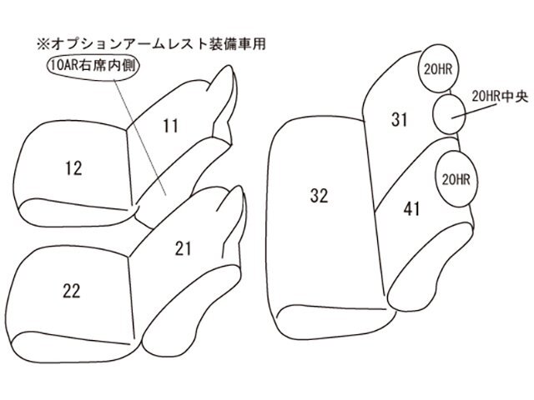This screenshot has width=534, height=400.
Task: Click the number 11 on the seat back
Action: tap(171, 126)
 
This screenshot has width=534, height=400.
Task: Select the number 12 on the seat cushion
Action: tap(73, 168)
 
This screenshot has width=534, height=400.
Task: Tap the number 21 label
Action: tap(184, 247)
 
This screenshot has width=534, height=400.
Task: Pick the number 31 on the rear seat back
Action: tap(398, 120)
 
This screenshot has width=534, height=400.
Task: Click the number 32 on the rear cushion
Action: tap(318, 196)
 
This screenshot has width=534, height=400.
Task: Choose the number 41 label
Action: tap(411, 209)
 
